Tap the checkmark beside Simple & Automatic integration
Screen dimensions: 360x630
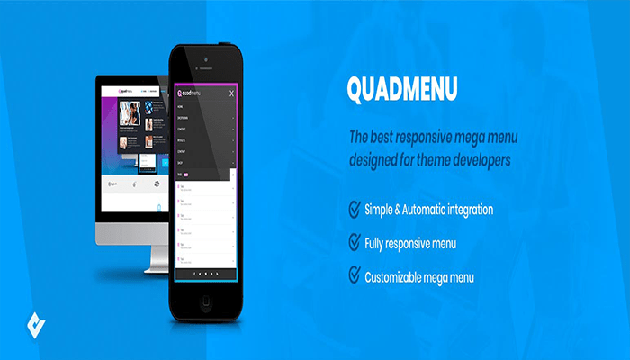355,210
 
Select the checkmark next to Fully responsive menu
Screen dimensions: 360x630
355,242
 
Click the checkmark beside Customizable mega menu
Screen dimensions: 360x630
355,275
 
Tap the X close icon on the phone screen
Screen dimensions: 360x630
232,93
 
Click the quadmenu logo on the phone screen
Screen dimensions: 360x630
189,93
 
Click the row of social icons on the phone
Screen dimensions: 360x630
206,272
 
